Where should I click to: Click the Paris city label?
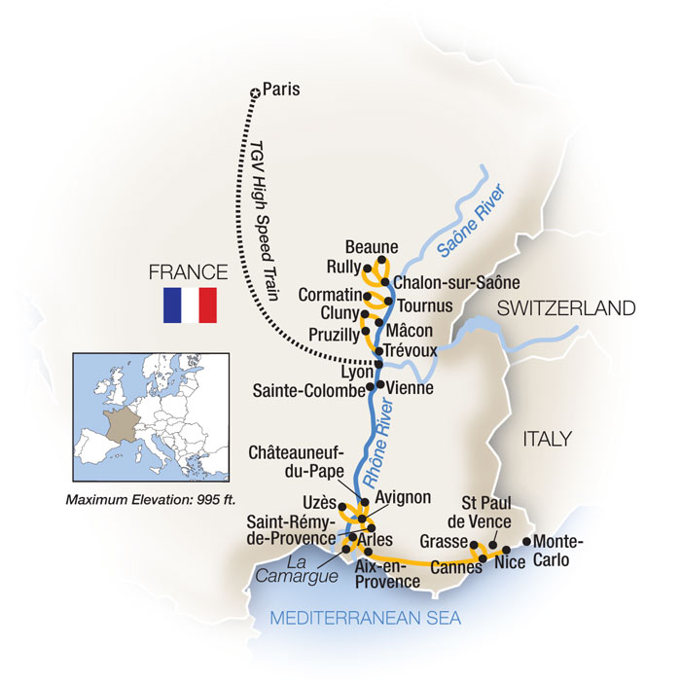pos(281,91)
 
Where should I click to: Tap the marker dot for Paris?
pos(256,92)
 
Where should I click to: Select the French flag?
pos(189,305)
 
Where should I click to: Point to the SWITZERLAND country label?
pos(567,309)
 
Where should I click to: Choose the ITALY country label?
pos(547,439)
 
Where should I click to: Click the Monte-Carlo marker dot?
pos(528,541)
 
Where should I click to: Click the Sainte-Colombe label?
pos(307,390)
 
